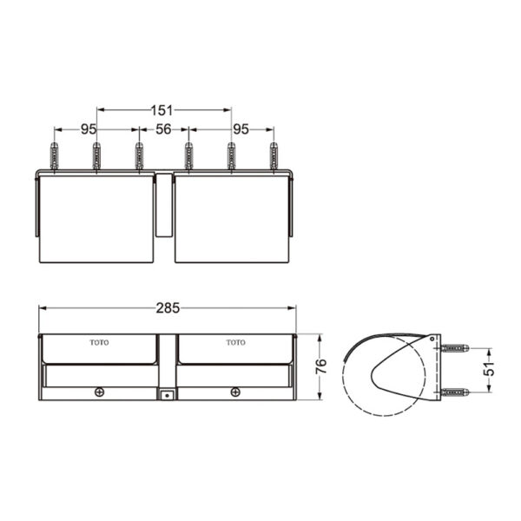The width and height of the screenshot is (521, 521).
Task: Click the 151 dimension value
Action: [x=163, y=110]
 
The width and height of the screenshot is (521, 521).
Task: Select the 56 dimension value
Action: [x=163, y=129]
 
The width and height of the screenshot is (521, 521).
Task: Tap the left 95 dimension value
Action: [x=89, y=129]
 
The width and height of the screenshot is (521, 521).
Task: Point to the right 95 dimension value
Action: [x=241, y=129]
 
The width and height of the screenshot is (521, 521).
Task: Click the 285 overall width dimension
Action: [x=168, y=307]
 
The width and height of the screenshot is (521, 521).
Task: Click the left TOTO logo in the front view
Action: [x=101, y=342]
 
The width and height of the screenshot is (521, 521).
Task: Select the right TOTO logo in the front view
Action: [x=235, y=342]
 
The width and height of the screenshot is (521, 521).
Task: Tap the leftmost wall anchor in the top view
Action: [x=55, y=155]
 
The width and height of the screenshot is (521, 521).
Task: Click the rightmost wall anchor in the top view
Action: [x=274, y=155]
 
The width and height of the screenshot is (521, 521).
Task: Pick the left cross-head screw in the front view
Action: [x=100, y=392]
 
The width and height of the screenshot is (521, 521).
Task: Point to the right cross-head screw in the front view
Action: [x=235, y=392]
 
